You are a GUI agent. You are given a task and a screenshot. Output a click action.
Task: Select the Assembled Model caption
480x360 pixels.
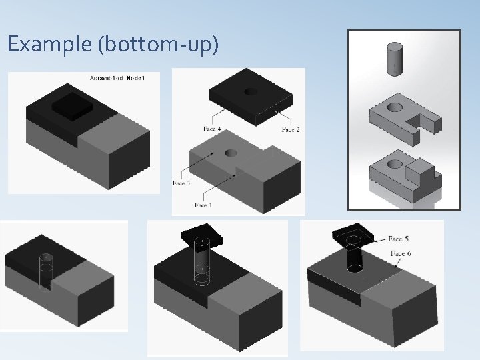[x=116, y=79]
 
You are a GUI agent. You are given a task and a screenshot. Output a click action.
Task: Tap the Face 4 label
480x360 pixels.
[x=213, y=128]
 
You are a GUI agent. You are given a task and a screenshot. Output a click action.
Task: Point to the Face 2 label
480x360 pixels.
[x=291, y=129]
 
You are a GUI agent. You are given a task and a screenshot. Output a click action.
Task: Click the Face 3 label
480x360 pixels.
[x=181, y=183]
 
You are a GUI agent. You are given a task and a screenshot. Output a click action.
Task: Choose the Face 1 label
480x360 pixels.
[x=203, y=205]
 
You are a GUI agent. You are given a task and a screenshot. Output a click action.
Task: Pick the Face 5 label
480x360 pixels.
[x=399, y=238]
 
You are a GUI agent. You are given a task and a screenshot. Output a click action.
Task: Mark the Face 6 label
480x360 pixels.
[x=401, y=253]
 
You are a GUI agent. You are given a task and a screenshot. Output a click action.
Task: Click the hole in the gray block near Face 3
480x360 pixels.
[x=231, y=153]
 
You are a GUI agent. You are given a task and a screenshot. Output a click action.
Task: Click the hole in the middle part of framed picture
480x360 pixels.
[x=394, y=106]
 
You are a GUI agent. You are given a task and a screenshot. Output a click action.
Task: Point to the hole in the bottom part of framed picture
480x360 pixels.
[x=394, y=162]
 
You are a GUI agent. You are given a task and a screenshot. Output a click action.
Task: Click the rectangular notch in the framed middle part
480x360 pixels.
[x=423, y=120]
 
